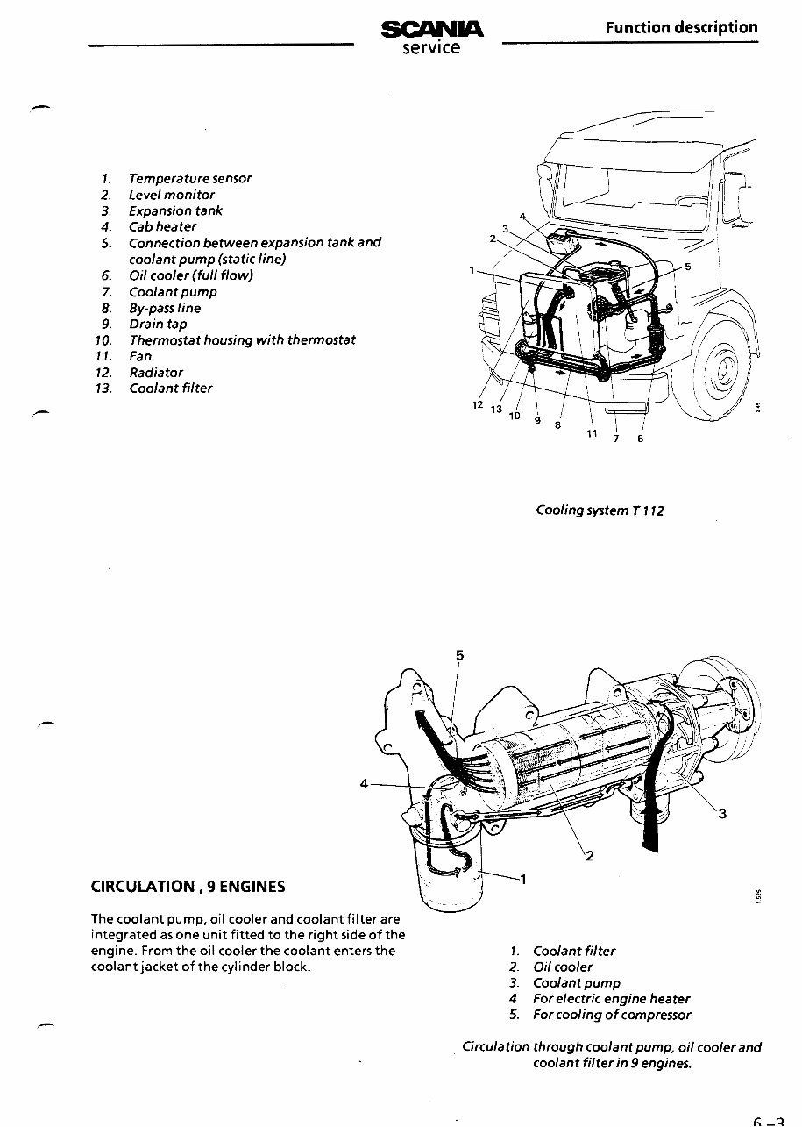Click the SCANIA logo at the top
coord(432,30)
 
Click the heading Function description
coord(681,27)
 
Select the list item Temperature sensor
coord(189,178)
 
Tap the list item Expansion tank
coord(175,210)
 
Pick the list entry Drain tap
coord(158,324)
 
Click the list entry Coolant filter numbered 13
coord(171,388)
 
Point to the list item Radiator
coord(156,372)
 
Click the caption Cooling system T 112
coord(600,510)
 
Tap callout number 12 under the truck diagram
coord(478,404)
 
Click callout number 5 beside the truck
coord(688,267)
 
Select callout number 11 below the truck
coord(592,433)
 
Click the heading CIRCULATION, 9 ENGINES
coord(188,886)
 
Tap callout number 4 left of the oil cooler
coord(363,783)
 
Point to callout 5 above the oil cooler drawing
coord(460,654)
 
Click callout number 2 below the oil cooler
coord(590,856)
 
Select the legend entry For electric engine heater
coord(611,998)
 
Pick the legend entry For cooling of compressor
coord(612,1015)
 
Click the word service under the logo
coord(431,48)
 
